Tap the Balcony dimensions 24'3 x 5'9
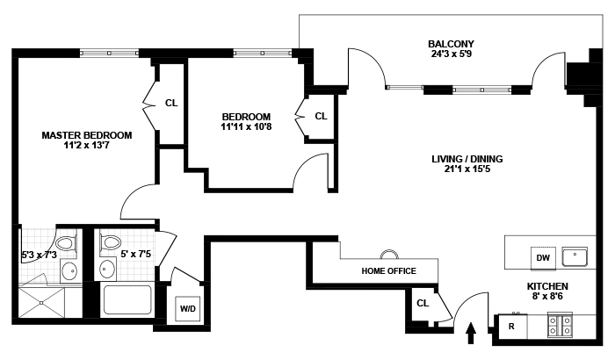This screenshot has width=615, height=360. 451,55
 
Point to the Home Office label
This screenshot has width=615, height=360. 388,270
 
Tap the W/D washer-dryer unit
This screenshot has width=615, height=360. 188,309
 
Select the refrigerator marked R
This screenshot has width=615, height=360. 510,327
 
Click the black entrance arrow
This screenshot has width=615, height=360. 470,332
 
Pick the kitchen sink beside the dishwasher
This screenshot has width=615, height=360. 577,256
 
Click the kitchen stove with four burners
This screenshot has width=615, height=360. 560,327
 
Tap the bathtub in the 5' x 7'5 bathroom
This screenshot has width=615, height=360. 128,299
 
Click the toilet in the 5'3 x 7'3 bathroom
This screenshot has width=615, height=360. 65,243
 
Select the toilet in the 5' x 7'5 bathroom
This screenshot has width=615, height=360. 112,241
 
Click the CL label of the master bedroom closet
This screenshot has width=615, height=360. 171,103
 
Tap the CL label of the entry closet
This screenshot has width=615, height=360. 423,304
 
